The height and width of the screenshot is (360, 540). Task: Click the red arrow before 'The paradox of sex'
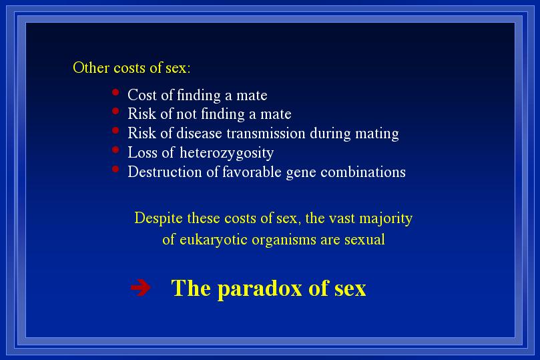[x=141, y=287]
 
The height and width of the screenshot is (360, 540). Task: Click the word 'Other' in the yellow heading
[x=91, y=67]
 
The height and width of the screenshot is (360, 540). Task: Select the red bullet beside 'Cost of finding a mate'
[x=115, y=92]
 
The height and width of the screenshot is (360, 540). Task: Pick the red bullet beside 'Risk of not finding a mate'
[x=115, y=111]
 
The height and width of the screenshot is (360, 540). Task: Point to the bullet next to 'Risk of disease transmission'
[x=115, y=130]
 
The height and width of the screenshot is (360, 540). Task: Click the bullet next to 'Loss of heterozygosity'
[x=115, y=150]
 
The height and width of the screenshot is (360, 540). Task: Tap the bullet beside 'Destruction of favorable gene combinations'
[x=115, y=169]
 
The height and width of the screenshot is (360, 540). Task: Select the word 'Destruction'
[x=165, y=172]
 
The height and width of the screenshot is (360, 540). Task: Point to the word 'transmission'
[x=266, y=134]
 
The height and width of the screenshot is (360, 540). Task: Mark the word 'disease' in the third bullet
[x=199, y=134]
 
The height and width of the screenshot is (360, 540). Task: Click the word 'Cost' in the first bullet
[x=142, y=95]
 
